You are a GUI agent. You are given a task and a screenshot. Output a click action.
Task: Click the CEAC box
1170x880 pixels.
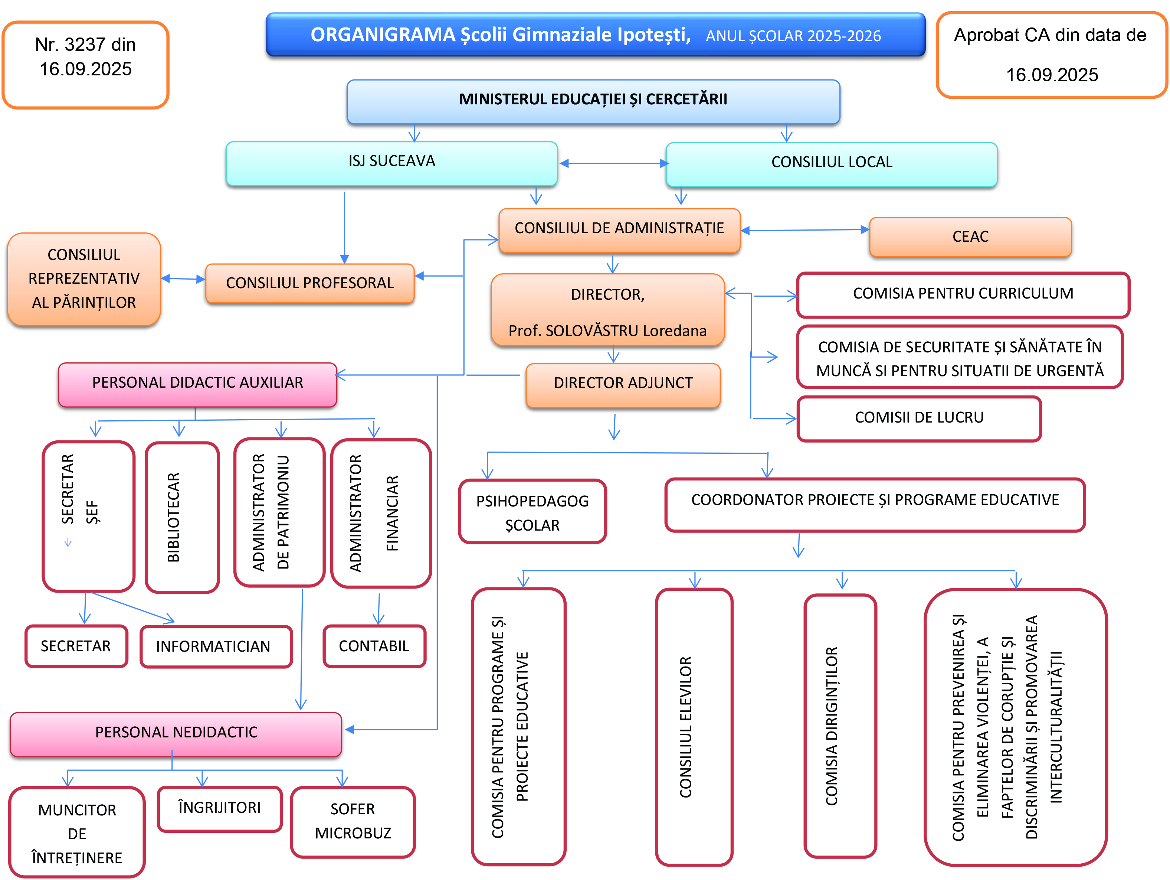click(970, 237)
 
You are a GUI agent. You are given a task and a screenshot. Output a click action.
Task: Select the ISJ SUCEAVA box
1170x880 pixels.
click(391, 163)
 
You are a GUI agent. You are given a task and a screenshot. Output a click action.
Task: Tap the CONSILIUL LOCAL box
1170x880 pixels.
click(832, 164)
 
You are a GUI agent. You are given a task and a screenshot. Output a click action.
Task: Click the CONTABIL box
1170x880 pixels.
click(374, 646)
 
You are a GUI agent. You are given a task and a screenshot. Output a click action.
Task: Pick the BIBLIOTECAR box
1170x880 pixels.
click(182, 517)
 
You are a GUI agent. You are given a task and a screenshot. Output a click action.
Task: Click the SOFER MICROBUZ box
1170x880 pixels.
click(353, 821)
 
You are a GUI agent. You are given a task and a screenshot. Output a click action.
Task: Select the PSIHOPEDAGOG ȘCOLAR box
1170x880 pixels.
click(532, 512)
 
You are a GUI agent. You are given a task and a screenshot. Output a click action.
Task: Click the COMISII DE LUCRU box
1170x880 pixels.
click(919, 418)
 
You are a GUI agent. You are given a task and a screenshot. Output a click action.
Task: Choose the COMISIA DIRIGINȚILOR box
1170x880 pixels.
click(840, 726)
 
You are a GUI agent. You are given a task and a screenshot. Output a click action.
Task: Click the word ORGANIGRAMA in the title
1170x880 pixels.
click(383, 35)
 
